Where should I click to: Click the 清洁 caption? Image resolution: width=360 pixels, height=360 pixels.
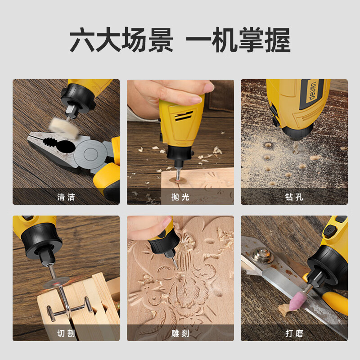[66, 197]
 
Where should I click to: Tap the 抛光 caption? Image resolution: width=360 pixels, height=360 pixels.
[180, 197]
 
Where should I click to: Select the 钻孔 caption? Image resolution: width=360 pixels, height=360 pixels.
[294, 197]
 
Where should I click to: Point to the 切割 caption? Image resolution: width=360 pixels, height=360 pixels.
[66, 333]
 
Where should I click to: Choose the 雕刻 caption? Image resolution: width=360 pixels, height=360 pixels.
[180, 333]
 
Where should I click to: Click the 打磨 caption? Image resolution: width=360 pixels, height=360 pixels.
[294, 333]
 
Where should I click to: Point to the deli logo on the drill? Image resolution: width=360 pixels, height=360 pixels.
[313, 90]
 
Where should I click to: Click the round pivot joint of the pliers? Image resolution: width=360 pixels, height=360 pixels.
[91, 153]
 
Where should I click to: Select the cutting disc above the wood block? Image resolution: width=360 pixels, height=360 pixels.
[56, 283]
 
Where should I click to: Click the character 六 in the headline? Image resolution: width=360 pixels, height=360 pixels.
[82, 40]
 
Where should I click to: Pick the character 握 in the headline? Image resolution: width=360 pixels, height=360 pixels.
[278, 40]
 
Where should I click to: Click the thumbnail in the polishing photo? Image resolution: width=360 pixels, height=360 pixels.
[208, 87]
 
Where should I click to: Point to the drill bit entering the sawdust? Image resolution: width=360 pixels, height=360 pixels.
[297, 147]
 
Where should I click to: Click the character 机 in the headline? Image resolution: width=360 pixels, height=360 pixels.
[225, 40]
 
